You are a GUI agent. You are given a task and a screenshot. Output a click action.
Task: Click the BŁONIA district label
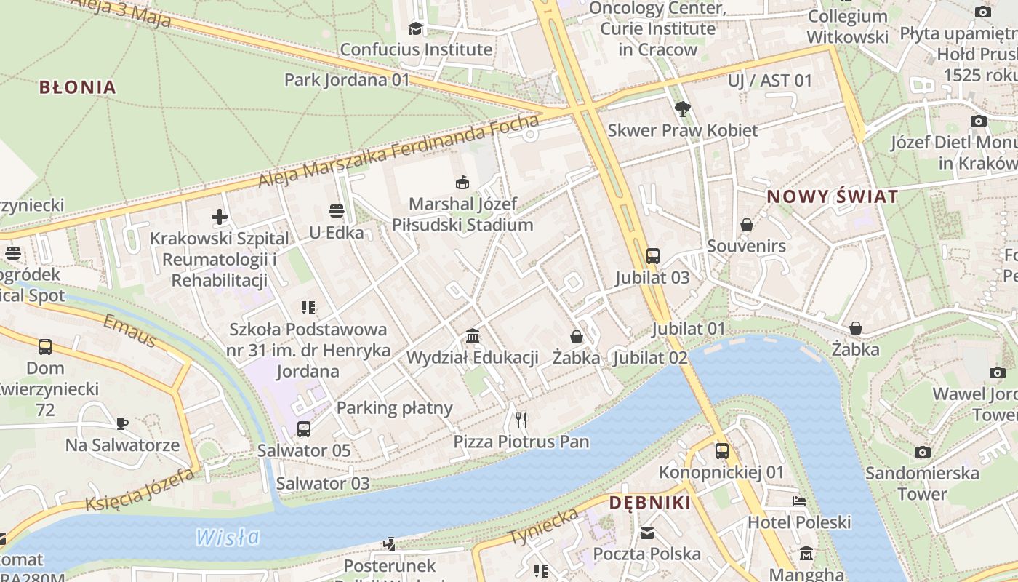coord(77,87)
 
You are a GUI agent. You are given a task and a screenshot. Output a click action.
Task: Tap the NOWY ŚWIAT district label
coord(833,196)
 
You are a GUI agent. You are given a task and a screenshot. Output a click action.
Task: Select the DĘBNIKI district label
coord(650,503)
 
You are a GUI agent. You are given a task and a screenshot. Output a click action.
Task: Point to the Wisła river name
coord(228,538)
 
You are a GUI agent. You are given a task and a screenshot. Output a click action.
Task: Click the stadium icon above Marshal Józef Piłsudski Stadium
coord(462,182)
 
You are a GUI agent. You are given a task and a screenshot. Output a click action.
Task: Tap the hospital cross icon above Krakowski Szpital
coord(220,217)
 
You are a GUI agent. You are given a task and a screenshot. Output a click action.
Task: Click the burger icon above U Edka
coord(336,211)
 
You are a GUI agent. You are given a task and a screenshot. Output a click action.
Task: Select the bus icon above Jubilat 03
coord(653,256)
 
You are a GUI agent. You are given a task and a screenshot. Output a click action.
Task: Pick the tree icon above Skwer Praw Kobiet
coord(682,109)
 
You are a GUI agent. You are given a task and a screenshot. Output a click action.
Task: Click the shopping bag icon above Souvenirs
coord(747,225)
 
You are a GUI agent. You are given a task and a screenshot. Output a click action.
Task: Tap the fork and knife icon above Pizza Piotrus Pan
coord(521,420)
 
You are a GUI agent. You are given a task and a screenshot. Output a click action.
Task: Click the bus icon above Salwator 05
coord(304,429)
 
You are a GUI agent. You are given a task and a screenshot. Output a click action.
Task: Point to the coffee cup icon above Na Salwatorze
coord(122,423)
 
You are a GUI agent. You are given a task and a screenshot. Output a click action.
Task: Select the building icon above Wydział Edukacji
coord(473,336)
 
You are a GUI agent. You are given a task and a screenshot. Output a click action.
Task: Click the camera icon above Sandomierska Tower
coord(923,452)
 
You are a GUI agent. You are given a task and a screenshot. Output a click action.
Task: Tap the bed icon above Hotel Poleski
coord(799,501)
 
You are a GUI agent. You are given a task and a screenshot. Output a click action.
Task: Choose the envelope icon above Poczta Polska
coord(647,533)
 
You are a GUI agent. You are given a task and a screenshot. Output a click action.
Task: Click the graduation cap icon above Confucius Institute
coord(416,28)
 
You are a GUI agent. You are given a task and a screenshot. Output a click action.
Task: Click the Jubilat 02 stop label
coord(650,358)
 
